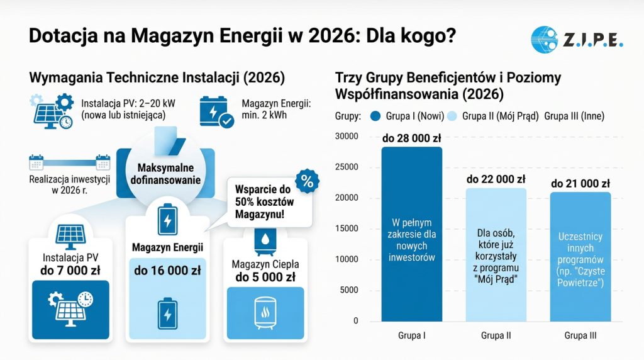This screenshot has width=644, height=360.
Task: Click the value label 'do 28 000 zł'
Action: [412, 138]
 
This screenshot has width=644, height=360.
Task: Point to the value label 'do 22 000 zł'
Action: [496, 179]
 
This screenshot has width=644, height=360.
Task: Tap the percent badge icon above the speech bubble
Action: [307, 181]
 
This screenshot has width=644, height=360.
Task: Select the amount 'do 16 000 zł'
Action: [167, 271]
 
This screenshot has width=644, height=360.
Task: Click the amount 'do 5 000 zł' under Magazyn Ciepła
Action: [265, 277]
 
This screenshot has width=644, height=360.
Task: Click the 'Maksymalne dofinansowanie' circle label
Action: [165, 174]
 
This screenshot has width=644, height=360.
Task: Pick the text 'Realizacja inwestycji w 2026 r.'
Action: [70, 184]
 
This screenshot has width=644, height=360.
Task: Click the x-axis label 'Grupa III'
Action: [580, 335]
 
